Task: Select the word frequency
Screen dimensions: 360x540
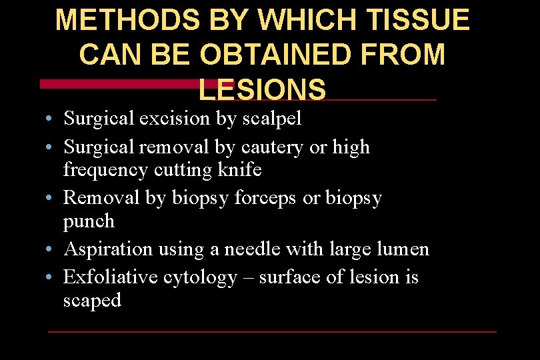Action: [105, 170]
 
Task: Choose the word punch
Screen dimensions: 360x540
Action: [89, 221]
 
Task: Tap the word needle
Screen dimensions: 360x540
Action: [252, 249]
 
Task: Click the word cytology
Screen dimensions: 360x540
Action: [200, 277]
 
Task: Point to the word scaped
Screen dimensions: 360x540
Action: [92, 301]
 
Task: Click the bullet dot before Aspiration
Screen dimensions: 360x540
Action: [51, 250]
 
